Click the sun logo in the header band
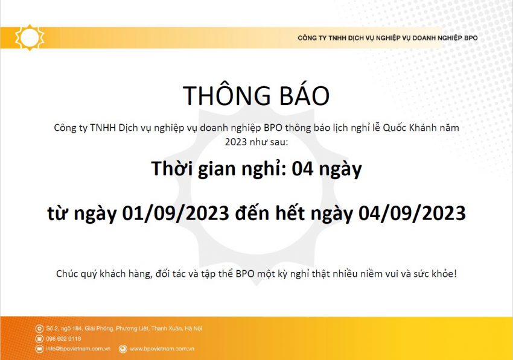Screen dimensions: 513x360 coord(30,37)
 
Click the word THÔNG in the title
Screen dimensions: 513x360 coord(227,95)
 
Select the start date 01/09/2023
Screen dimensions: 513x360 coord(176,213)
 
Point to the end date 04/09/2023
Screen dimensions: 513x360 coord(412,213)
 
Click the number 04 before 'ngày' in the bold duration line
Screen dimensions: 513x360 coord(302,169)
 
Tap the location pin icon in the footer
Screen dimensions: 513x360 coord(39,328)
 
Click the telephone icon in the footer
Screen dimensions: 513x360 coord(39,339)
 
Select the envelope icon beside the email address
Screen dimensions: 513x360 coord(39,349)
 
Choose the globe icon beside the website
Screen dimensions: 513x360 coord(123,349)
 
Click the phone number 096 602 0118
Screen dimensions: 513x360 coord(63,339)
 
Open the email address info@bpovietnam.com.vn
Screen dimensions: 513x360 coord(78,349)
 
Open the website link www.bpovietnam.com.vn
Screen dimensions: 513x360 coord(162,349)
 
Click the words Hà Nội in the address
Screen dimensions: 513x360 coord(193,328)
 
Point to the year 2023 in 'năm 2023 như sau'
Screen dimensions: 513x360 coord(235,142)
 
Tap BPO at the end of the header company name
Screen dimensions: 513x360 coord(471,38)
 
